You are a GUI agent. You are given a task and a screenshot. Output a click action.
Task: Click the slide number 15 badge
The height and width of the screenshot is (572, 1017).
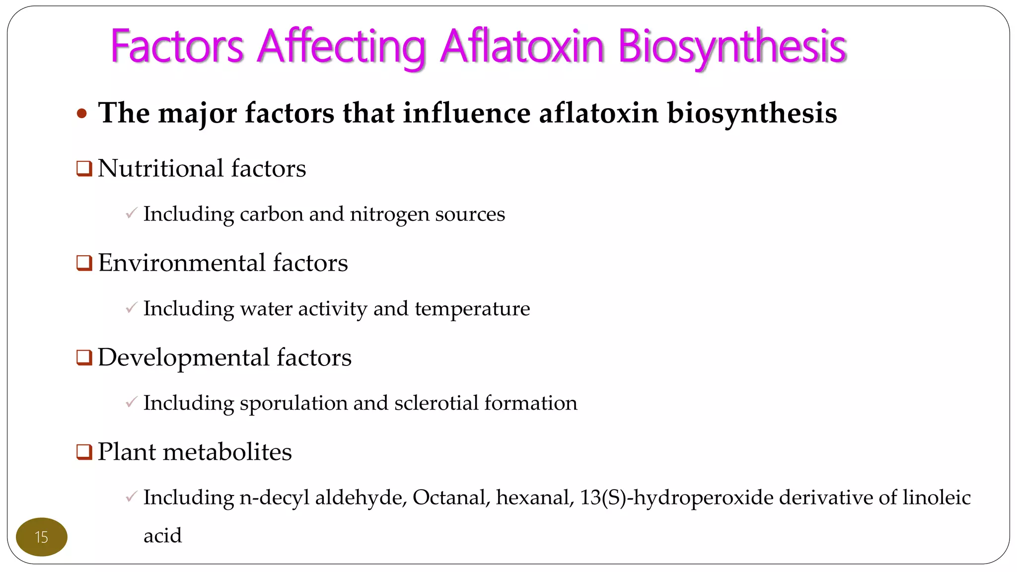42,537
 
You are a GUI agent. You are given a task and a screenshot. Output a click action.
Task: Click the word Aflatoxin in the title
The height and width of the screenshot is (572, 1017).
522,47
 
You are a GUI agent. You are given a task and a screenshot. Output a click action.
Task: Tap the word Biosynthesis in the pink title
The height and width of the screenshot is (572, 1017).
732,47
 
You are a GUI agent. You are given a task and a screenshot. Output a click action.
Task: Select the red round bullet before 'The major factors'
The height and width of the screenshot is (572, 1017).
82,114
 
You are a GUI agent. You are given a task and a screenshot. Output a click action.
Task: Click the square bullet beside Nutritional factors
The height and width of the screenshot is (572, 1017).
84,169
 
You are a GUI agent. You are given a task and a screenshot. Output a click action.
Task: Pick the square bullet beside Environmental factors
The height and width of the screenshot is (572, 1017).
84,263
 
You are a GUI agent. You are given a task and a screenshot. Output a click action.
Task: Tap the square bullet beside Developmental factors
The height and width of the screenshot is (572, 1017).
84,357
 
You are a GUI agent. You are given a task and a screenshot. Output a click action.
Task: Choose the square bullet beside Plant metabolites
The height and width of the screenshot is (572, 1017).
84,452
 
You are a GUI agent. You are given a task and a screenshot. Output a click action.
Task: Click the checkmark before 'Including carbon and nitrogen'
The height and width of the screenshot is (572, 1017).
131,214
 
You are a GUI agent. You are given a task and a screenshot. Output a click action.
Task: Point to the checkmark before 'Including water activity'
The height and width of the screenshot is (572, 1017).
131,308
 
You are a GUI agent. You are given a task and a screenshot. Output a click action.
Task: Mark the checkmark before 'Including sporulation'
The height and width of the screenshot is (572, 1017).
131,403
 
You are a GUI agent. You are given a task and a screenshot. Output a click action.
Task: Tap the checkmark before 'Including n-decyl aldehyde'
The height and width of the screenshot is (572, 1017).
131,497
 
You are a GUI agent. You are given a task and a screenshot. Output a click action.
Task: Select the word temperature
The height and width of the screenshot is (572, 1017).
472,309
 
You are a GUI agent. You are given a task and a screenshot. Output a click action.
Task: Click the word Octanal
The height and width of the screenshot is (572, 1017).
451,497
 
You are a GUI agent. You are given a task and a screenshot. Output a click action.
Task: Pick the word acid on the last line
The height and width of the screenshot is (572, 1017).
162,536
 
